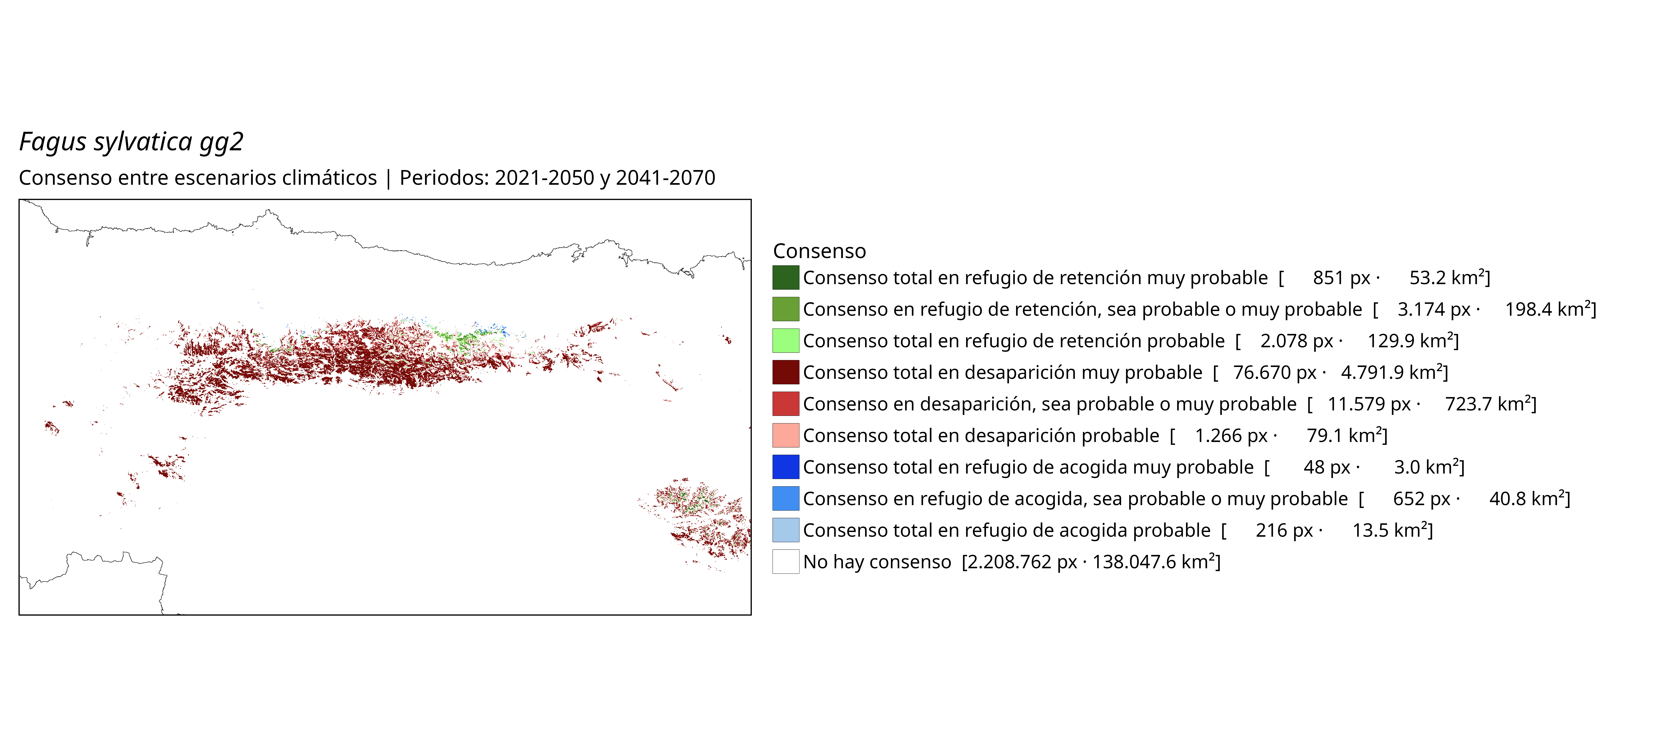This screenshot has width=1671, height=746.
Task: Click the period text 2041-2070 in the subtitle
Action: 666,178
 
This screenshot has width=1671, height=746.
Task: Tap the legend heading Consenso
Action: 819,251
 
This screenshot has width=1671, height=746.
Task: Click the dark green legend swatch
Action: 786,278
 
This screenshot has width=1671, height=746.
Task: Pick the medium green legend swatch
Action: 786,309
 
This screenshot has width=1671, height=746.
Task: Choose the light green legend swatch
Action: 786,341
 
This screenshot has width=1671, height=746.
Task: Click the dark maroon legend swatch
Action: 786,372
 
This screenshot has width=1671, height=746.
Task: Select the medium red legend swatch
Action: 786,404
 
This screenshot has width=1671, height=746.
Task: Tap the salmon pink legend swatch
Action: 786,435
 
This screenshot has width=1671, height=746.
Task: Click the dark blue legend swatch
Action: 786,467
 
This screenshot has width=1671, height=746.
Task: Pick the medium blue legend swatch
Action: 786,498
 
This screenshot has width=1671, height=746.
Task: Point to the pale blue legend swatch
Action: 786,530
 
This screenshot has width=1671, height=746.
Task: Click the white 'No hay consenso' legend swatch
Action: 786,562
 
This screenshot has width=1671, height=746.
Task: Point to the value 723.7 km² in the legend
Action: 1488,404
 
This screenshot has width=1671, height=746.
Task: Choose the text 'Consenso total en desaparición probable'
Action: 981,435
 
